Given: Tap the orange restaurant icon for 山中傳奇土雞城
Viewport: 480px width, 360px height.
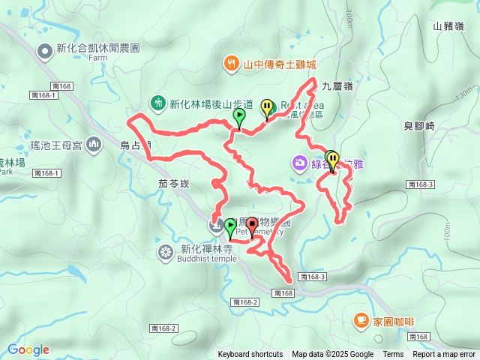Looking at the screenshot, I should (x=232, y=64).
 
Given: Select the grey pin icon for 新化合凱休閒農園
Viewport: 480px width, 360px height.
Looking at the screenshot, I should (x=46, y=50).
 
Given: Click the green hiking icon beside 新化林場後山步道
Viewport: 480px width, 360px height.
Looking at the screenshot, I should (x=158, y=102).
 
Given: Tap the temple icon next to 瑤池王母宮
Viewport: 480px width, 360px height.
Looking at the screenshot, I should (x=94, y=144).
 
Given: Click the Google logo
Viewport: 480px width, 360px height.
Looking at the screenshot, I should (x=28, y=349).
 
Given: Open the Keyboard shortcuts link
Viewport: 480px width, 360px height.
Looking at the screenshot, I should (x=250, y=355).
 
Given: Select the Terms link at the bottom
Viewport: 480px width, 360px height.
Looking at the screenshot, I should (x=393, y=355).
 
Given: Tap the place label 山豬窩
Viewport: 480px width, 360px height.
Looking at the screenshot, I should (x=448, y=25).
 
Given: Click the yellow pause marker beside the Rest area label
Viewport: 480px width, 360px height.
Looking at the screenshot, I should (x=267, y=108).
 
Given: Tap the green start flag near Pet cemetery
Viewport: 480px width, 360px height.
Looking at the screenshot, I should (x=230, y=226).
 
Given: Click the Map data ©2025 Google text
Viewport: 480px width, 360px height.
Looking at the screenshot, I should (x=333, y=355).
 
